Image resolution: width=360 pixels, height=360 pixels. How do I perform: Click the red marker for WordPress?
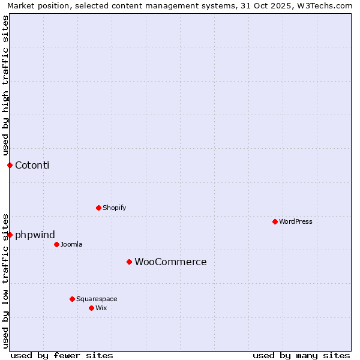tap(275, 221)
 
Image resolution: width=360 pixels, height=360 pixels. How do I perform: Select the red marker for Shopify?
tap(98, 208)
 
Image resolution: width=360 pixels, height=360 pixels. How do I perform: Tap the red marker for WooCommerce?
tap(129, 262)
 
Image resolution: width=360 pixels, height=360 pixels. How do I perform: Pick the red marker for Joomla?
tap(56, 244)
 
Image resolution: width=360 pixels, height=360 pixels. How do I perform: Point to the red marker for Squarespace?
tap(72, 299)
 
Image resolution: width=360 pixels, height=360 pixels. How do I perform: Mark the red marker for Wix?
tap(91, 308)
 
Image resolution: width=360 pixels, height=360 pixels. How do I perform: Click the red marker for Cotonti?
tap(10, 165)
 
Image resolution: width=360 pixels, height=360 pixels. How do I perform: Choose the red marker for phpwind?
tap(10, 235)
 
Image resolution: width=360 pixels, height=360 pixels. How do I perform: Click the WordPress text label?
tap(296, 221)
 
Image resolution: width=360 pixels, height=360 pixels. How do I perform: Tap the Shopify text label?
tap(114, 208)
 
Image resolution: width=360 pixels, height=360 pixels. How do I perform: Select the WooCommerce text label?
tap(170, 262)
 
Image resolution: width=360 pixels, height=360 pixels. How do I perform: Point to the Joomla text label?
tap(71, 244)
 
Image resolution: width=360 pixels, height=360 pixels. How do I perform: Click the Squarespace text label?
tap(97, 299)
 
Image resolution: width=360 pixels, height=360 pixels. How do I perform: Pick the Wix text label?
tap(101, 308)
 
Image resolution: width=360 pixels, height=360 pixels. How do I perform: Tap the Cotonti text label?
tap(32, 165)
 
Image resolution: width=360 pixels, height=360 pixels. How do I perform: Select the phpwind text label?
tap(35, 235)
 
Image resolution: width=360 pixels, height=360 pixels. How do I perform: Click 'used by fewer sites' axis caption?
tap(62, 355)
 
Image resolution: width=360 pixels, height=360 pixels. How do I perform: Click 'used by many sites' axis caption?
tap(301, 355)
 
